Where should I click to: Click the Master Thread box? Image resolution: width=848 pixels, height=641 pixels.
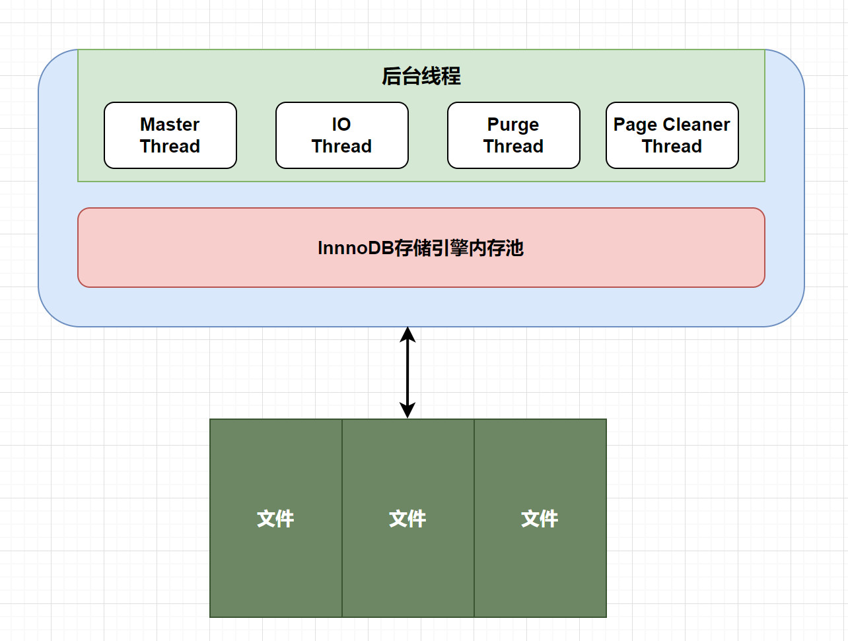point(170,135)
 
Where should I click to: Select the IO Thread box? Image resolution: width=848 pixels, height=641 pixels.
point(342,135)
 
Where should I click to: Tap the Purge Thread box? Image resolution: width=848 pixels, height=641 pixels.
point(514,135)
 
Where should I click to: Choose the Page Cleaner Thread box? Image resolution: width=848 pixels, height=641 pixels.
point(672,135)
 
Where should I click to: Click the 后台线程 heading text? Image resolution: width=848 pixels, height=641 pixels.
point(421,77)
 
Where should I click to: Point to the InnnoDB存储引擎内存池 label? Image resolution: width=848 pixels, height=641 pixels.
point(421,248)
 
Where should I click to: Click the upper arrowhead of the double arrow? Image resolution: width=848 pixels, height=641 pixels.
point(407,333)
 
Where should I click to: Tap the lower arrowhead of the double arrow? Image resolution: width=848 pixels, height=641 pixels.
point(407,411)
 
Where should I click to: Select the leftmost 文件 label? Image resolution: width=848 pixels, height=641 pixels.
point(275,519)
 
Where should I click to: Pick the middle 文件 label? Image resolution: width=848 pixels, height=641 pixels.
point(407,519)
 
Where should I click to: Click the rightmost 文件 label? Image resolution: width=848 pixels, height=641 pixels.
point(540,519)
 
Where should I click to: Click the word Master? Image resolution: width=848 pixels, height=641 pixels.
point(170,125)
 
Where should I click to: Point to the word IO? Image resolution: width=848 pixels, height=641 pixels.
point(341,125)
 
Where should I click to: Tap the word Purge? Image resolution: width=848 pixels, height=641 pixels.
point(513,125)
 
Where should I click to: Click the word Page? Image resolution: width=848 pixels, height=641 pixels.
point(635,125)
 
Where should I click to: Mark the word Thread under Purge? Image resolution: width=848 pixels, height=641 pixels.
point(513,147)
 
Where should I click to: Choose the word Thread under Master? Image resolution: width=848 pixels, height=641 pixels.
point(170,147)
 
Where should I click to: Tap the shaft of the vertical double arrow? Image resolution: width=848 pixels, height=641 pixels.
point(407,373)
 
